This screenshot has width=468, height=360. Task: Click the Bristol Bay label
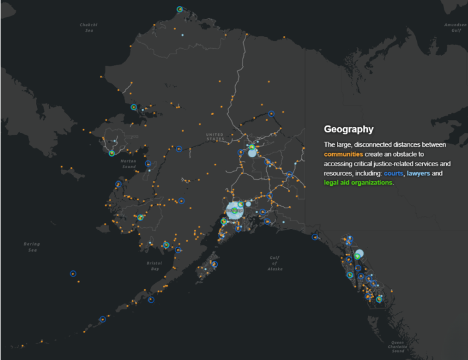pos(155,266)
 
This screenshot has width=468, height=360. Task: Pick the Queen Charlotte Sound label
pos(398,347)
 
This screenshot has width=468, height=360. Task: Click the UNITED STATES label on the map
pos(214,136)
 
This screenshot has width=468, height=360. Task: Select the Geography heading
pos(349,129)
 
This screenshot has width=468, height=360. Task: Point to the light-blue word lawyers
pos(419,174)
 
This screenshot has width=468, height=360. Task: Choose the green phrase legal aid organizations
pos(358,183)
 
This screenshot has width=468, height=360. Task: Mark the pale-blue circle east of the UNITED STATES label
pos(252,153)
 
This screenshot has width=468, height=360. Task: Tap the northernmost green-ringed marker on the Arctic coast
pos(180,9)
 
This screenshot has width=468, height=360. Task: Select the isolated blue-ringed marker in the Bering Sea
pos(73,274)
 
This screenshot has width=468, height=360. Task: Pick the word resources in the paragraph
pos(341,174)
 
